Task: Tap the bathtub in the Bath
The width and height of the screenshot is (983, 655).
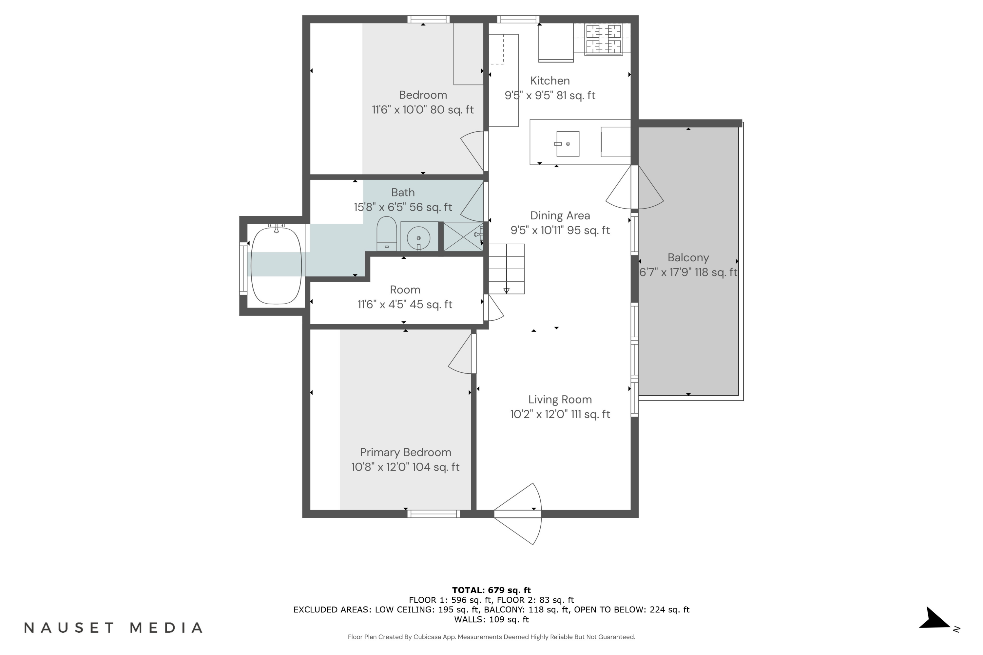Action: [276, 265]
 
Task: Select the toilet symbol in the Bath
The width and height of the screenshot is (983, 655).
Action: [387, 234]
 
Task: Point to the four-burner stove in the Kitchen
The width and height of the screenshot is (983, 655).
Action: [603, 40]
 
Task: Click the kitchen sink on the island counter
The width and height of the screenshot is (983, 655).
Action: [568, 144]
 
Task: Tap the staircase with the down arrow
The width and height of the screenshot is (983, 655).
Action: [507, 269]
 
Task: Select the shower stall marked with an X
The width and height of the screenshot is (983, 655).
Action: [463, 237]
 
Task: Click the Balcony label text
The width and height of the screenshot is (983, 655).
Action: [688, 257]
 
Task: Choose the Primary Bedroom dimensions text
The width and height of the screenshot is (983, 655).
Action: [405, 467]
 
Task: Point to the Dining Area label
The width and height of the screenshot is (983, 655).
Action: [560, 215]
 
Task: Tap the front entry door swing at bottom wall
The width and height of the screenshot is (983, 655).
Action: [518, 514]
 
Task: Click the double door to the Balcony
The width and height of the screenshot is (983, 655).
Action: [634, 187]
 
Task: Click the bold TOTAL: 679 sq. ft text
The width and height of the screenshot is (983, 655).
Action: [491, 590]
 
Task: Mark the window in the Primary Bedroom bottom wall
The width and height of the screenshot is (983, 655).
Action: [434, 514]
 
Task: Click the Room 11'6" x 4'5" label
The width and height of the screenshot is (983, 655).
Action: [405, 297]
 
